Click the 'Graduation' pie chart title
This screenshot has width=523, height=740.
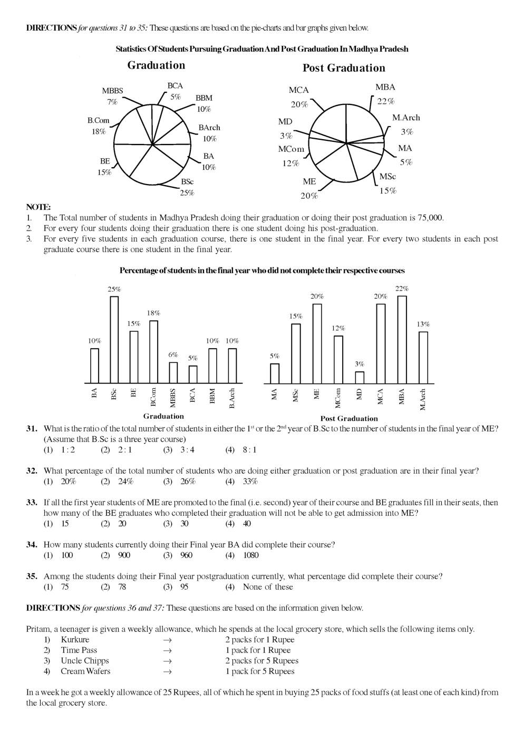[x=156, y=65]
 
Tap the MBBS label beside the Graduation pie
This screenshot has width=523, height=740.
[x=112, y=91]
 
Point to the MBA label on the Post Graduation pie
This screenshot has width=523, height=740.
[x=385, y=87]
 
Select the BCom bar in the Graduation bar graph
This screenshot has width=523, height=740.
[x=153, y=351]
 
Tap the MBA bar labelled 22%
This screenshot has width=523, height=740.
[x=402, y=339]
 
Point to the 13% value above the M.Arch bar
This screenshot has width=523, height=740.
[x=423, y=324]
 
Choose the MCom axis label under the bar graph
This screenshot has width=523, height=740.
[x=338, y=398]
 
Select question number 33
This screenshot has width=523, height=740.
[x=32, y=503]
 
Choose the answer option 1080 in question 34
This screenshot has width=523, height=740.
[x=250, y=555]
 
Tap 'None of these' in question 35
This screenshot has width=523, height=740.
[x=267, y=587]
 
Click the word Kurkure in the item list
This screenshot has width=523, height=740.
[x=75, y=639]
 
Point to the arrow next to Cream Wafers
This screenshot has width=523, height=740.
[x=168, y=671]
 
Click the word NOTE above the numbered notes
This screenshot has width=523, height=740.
[x=38, y=207]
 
